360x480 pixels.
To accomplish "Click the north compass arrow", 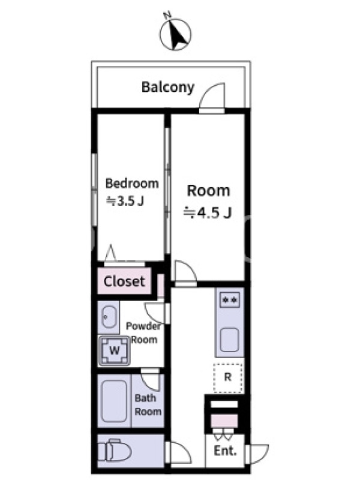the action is pos(178,34).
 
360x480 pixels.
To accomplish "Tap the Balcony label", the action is pos(168,88).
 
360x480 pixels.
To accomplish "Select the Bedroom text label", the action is pos(132,184).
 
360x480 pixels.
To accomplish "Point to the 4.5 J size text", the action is pos(207,212).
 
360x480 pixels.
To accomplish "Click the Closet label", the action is pos(124,281).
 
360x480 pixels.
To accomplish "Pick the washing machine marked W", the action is pos(114,350).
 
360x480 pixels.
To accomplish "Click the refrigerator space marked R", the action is pos(228,377).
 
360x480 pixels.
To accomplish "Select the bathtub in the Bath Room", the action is pos(114,401).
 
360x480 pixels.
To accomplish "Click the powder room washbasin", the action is pos(109,317).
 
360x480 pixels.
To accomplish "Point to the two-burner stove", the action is pos(230,299).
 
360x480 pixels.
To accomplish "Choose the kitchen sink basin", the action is pos(229,340).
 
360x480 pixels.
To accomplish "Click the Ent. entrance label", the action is pos(226,451).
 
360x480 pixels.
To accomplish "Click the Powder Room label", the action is pos(143,333).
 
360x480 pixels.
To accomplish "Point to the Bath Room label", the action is pos(148,404).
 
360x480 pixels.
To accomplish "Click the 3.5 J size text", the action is pos(125,201).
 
